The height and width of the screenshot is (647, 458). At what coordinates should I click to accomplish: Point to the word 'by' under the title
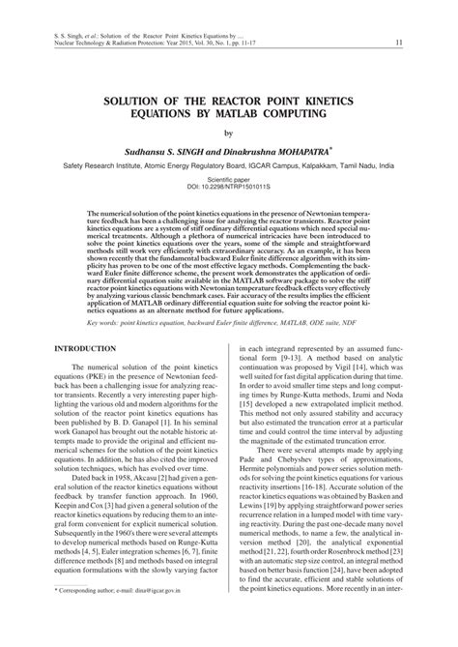[228, 133]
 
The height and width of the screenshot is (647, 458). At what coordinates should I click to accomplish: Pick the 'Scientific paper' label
[228, 179]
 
